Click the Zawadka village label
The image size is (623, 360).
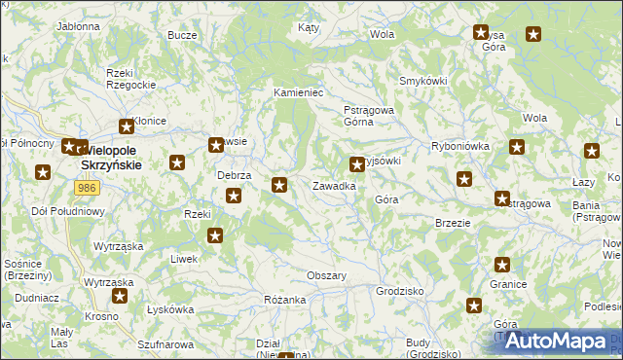(x=333, y=185)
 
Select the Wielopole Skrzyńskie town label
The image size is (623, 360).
(x=110, y=158)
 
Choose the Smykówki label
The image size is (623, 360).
(x=422, y=81)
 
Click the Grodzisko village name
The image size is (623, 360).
(x=399, y=291)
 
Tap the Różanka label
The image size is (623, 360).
(x=285, y=300)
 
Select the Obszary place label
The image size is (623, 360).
(x=327, y=275)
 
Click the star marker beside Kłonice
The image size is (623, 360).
(x=126, y=126)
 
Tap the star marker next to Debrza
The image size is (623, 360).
(x=235, y=197)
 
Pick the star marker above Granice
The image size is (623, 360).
(x=502, y=264)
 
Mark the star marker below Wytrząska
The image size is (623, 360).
(x=121, y=296)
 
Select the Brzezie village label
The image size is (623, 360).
(x=453, y=222)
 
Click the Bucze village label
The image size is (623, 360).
(x=182, y=35)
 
